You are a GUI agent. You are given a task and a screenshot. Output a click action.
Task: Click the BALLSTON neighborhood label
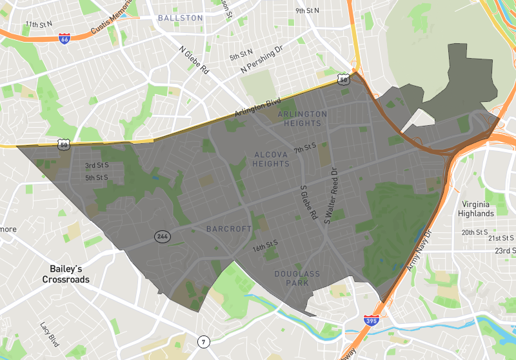[181, 18]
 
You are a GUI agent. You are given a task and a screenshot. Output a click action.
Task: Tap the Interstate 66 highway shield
[64, 39]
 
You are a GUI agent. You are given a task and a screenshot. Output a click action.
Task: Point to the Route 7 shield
[204, 341]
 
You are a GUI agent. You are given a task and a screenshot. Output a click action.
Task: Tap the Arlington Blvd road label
[257, 107]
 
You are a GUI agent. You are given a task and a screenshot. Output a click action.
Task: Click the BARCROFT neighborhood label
[228, 229]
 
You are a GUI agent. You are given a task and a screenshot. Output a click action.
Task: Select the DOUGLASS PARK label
[297, 279]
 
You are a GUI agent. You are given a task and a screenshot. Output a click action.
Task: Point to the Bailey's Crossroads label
[66, 274]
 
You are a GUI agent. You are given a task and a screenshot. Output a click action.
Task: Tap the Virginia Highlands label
[476, 208]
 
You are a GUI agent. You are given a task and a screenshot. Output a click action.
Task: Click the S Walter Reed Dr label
[330, 196]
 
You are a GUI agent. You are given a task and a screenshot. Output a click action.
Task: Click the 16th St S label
[265, 245]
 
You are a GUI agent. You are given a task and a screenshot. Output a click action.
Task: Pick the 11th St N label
[39, 25]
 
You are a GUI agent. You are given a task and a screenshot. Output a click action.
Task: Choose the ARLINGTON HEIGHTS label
[303, 119]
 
